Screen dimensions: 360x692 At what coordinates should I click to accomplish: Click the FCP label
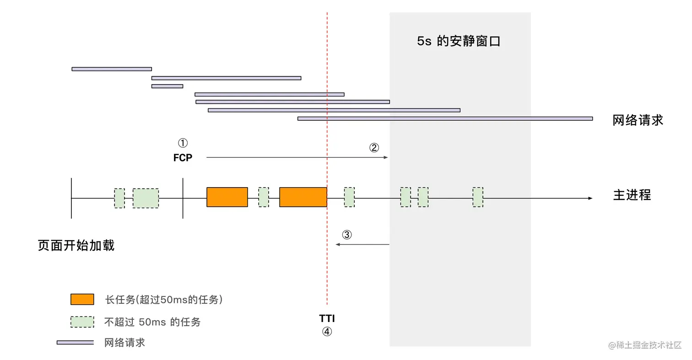coord(183,158)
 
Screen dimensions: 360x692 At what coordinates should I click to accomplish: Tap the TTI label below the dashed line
coord(326,318)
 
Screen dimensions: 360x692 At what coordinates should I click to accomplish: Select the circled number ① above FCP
coord(183,143)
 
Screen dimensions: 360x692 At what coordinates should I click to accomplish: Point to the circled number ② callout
coord(374,148)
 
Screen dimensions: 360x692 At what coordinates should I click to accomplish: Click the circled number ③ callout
coord(347,235)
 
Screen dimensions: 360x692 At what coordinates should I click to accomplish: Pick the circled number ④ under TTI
coord(326,332)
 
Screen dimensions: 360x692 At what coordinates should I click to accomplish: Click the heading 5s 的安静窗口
coord(459,42)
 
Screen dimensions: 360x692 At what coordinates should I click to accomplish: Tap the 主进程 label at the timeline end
coord(632,195)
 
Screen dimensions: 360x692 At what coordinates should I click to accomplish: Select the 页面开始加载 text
coord(76,246)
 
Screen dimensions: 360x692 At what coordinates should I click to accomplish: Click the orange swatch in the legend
coord(82,299)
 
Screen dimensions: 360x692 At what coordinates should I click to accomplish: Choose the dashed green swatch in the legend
coord(82,322)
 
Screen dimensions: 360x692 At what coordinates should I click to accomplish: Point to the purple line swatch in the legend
coord(75,342)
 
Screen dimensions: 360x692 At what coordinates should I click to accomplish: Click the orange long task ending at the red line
coord(303,197)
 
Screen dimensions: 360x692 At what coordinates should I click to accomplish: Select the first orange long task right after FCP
coord(227,197)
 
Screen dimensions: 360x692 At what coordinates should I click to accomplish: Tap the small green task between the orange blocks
coord(264,197)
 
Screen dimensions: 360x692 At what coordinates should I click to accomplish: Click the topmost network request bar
coord(112,69)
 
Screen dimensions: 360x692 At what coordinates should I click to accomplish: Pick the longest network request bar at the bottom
coord(445,118)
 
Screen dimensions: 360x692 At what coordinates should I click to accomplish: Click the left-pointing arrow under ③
coord(362,245)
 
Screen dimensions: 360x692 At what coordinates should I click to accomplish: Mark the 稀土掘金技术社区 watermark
coord(645,345)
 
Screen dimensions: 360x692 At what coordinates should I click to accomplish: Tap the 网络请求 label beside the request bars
coord(638,120)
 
